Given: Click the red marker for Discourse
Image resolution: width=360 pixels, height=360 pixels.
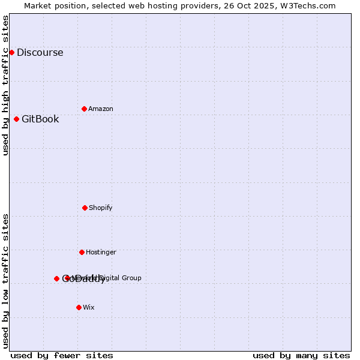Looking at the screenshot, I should [11, 52].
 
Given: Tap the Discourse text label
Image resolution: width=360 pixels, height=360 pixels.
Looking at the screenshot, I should [40, 52].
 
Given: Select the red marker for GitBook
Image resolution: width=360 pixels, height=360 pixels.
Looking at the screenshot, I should [16, 119].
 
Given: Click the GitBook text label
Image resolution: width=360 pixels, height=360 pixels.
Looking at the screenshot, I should [40, 119].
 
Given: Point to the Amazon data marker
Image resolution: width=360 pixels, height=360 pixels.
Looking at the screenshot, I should [84, 109].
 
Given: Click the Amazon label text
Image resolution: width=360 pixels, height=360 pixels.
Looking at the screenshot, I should [101, 109].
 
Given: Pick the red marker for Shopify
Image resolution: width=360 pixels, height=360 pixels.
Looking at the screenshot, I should [85, 208].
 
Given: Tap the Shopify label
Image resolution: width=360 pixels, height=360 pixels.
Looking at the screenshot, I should [101, 208].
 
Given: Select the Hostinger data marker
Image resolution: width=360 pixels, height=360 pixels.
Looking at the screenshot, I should [82, 252].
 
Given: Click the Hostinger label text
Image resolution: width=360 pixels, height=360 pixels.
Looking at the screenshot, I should [101, 252].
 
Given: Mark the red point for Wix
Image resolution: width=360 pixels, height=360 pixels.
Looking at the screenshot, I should [79, 307].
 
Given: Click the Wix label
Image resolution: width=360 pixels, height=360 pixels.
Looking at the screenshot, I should [89, 307].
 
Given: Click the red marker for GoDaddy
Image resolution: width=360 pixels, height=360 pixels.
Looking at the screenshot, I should [56, 278].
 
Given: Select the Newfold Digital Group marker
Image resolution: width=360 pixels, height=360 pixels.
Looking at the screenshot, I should [67, 278].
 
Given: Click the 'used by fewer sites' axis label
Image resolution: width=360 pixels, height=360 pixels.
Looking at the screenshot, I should [62, 355].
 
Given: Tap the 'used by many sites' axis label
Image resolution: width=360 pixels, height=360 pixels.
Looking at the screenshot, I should [301, 355].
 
